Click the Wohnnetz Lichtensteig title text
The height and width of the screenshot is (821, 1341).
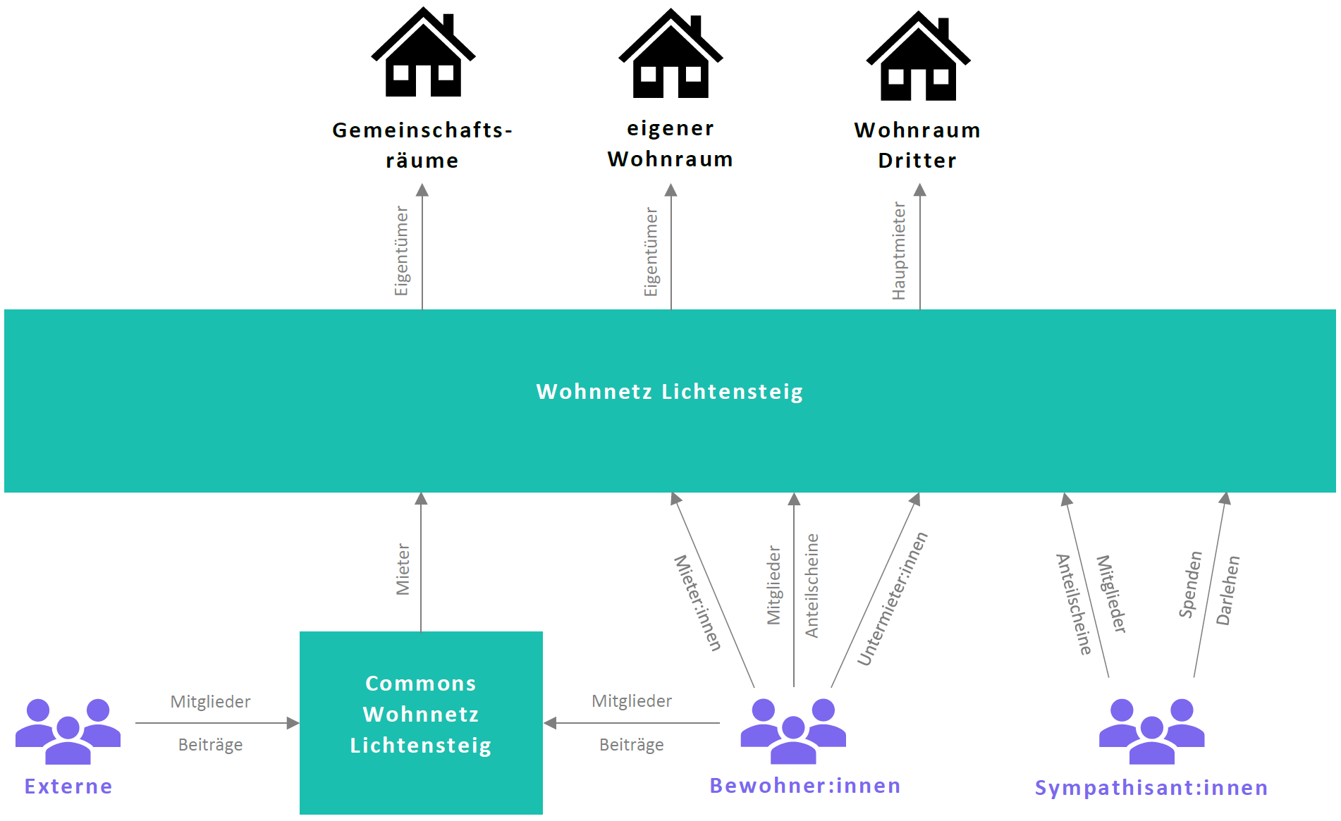pyautogui.click(x=669, y=391)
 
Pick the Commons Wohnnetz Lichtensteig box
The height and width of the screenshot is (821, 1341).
pyautogui.click(x=421, y=722)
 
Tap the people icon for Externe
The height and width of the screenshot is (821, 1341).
pyautogui.click(x=68, y=731)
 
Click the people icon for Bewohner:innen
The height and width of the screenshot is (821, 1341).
pyautogui.click(x=793, y=731)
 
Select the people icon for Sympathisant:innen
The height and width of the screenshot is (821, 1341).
pyautogui.click(x=1151, y=731)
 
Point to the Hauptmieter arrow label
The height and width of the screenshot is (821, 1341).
pyautogui.click(x=899, y=251)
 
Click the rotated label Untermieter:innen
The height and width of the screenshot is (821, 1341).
pyautogui.click(x=892, y=599)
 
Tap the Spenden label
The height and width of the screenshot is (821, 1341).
pyautogui.click(x=1190, y=585)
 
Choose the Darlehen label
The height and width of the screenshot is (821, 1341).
pyautogui.click(x=1227, y=591)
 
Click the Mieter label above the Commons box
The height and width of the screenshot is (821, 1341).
pyautogui.click(x=403, y=569)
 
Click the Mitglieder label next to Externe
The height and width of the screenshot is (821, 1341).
pyautogui.click(x=210, y=701)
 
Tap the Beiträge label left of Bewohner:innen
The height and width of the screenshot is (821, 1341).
pyautogui.click(x=631, y=745)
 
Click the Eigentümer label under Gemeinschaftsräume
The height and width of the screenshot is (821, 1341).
pyautogui.click(x=401, y=251)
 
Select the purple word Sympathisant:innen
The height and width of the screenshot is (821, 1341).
pyautogui.click(x=1151, y=787)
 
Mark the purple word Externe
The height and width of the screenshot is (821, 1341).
pyautogui.click(x=68, y=786)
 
